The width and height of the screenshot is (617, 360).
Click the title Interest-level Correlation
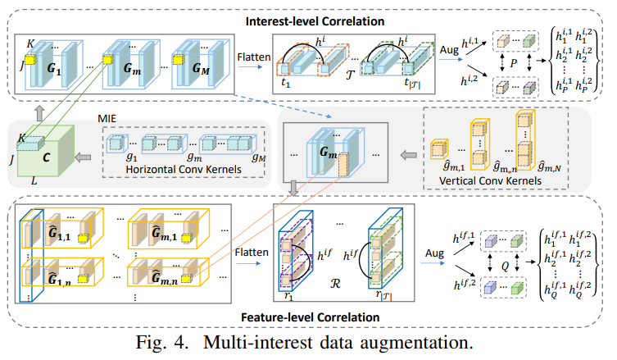(x=315, y=21)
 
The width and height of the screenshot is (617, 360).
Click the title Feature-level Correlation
(x=310, y=317)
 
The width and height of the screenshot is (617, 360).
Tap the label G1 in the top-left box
(x=54, y=69)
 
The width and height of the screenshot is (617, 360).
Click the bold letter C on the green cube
(x=46, y=157)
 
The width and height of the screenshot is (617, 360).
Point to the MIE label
(x=107, y=119)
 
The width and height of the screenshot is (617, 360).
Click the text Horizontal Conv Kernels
(x=184, y=170)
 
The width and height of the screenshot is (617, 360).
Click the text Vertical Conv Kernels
(x=490, y=180)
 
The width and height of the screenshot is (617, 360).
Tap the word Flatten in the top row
(x=254, y=57)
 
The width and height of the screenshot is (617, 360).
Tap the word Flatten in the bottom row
(x=252, y=252)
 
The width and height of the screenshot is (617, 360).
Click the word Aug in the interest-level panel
(x=449, y=50)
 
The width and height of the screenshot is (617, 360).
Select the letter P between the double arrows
(x=514, y=63)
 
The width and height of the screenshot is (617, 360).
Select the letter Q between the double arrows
(x=506, y=267)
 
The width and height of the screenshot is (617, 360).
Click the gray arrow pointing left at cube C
(x=83, y=157)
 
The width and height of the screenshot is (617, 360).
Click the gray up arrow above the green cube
(x=39, y=113)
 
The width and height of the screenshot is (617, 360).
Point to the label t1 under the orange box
(x=286, y=83)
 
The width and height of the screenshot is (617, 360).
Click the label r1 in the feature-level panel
(x=289, y=296)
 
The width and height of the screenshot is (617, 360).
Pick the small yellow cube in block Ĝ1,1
(x=83, y=239)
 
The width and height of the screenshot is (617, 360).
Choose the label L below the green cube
(x=34, y=181)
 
